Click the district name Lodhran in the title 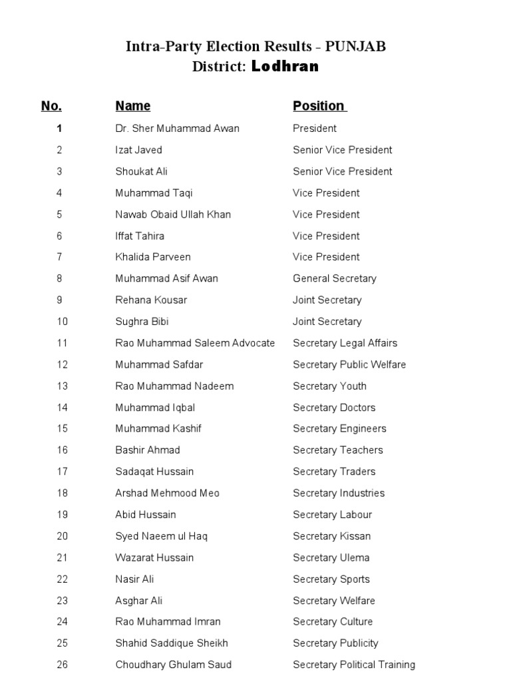[285, 67]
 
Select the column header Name [133, 106]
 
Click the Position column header [319, 106]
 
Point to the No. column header [51, 106]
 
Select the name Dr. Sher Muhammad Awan [177, 129]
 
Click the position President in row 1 [315, 129]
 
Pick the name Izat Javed [138, 150]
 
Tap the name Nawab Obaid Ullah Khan [173, 214]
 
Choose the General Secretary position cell [335, 278]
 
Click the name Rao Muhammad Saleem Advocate [195, 343]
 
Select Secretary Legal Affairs [345, 343]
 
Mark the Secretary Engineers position [339, 429]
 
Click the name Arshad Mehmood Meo [167, 494]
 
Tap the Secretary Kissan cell [332, 536]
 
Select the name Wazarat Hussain [154, 557]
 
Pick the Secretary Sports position [331, 579]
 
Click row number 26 [62, 665]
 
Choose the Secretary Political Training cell [354, 665]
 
